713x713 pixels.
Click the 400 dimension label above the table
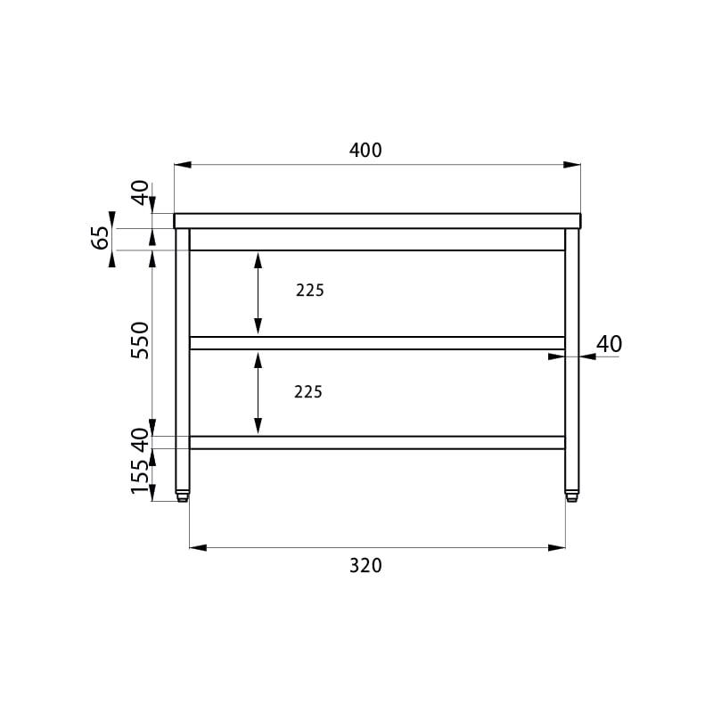[365, 150]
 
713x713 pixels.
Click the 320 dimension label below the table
[365, 566]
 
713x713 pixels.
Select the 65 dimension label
[101, 237]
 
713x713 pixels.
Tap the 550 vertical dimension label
[140, 340]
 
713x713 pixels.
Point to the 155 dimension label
[140, 477]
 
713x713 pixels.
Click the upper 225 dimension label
[309, 291]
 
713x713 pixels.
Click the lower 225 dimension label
[307, 392]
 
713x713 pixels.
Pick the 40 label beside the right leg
[609, 344]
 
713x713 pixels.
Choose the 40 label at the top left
[140, 193]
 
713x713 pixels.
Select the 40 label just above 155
[140, 440]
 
